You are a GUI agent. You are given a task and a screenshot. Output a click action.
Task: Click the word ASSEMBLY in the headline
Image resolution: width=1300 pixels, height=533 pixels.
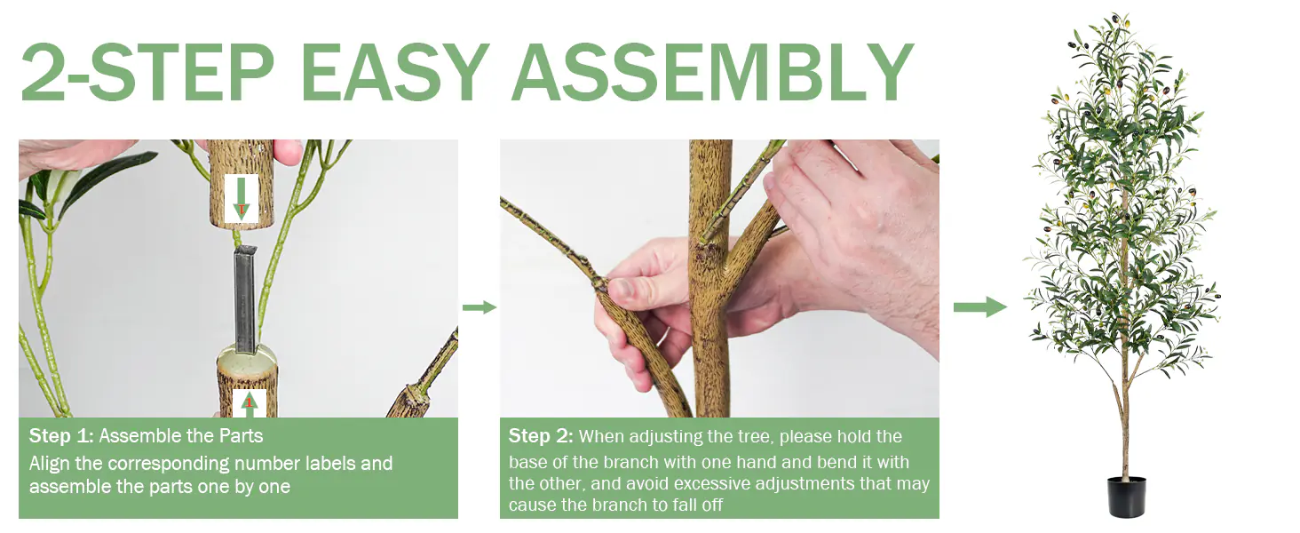point(713,73)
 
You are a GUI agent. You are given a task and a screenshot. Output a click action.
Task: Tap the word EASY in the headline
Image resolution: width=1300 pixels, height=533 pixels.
point(394,73)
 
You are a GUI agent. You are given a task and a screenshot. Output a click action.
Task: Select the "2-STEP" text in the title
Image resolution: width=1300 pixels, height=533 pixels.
point(147,73)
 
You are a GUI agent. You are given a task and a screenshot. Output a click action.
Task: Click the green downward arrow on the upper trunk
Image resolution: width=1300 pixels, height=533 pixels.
point(241,198)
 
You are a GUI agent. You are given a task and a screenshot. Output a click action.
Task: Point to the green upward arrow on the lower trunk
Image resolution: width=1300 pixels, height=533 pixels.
point(249,405)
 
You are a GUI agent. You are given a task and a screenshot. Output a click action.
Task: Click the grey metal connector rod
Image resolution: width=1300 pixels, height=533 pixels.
point(245,299)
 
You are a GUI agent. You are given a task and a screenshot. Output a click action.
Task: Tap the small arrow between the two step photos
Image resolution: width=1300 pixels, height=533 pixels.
point(480,307)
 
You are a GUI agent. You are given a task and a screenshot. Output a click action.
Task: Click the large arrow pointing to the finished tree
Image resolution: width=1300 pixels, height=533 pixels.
point(980,306)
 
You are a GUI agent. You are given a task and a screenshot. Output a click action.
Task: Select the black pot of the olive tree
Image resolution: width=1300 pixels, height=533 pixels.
point(1127,497)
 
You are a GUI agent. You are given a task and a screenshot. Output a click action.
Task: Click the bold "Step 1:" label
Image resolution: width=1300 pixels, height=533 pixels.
point(61,435)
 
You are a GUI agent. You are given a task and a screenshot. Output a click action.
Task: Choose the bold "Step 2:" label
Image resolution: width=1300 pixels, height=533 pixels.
point(541,435)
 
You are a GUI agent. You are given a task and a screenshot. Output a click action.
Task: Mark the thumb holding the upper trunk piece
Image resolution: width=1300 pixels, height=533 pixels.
point(288,152)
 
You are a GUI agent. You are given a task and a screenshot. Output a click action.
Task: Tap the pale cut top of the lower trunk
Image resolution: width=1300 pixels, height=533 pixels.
point(247,357)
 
